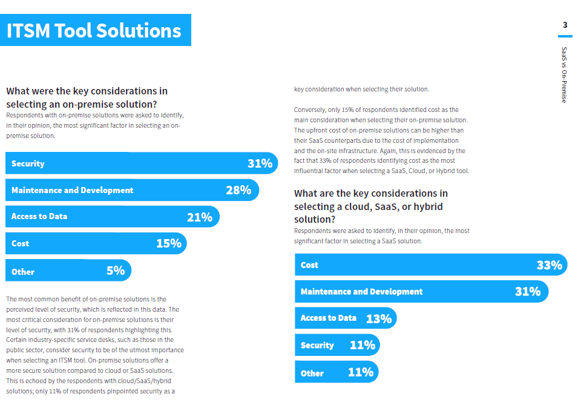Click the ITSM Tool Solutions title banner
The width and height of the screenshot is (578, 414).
[x=96, y=30]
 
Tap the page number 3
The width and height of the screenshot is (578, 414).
[x=565, y=25]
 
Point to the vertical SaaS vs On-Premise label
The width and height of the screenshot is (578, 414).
[x=564, y=75]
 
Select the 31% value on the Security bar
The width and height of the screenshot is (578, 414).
[x=260, y=163]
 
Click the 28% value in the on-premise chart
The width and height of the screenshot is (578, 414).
[x=238, y=190]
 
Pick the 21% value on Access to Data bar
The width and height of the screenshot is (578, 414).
[x=199, y=217]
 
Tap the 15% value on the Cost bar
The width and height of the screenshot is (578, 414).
[x=169, y=243]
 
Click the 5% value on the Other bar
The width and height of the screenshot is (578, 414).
[x=116, y=271]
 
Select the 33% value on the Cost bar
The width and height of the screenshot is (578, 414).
[x=549, y=265]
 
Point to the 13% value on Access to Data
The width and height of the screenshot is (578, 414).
[x=379, y=318]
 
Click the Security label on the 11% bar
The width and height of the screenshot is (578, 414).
[x=317, y=346]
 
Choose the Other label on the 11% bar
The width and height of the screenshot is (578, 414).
[x=312, y=373]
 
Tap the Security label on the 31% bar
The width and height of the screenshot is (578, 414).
[x=28, y=163]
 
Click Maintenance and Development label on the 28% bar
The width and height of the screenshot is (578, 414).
[x=72, y=190]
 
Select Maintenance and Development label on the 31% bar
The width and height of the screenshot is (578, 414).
[x=361, y=292]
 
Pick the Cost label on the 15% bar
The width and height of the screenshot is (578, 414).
[x=20, y=243]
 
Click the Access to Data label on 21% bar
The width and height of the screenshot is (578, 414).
[x=39, y=217]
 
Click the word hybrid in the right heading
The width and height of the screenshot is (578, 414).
[x=428, y=207]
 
